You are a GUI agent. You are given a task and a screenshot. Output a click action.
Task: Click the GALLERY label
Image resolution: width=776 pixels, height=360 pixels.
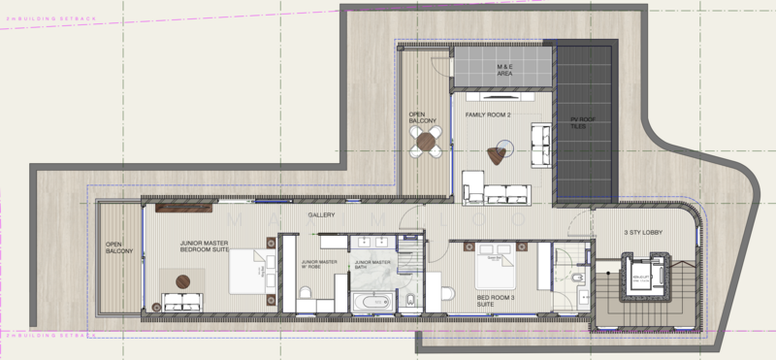321,214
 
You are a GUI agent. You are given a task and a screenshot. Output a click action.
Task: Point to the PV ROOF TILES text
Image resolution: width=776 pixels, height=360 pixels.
578,123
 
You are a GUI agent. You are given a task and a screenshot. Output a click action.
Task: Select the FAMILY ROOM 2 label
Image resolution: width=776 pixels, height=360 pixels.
488,115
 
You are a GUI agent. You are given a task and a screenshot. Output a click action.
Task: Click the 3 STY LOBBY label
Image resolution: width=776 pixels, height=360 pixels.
641,232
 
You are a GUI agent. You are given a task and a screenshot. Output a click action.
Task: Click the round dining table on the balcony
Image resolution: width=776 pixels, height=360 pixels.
426,143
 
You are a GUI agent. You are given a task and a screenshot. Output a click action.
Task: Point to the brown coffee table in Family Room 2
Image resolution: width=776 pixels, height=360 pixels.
502,148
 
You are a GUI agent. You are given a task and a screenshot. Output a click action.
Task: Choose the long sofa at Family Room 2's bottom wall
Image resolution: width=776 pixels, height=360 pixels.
496,192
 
